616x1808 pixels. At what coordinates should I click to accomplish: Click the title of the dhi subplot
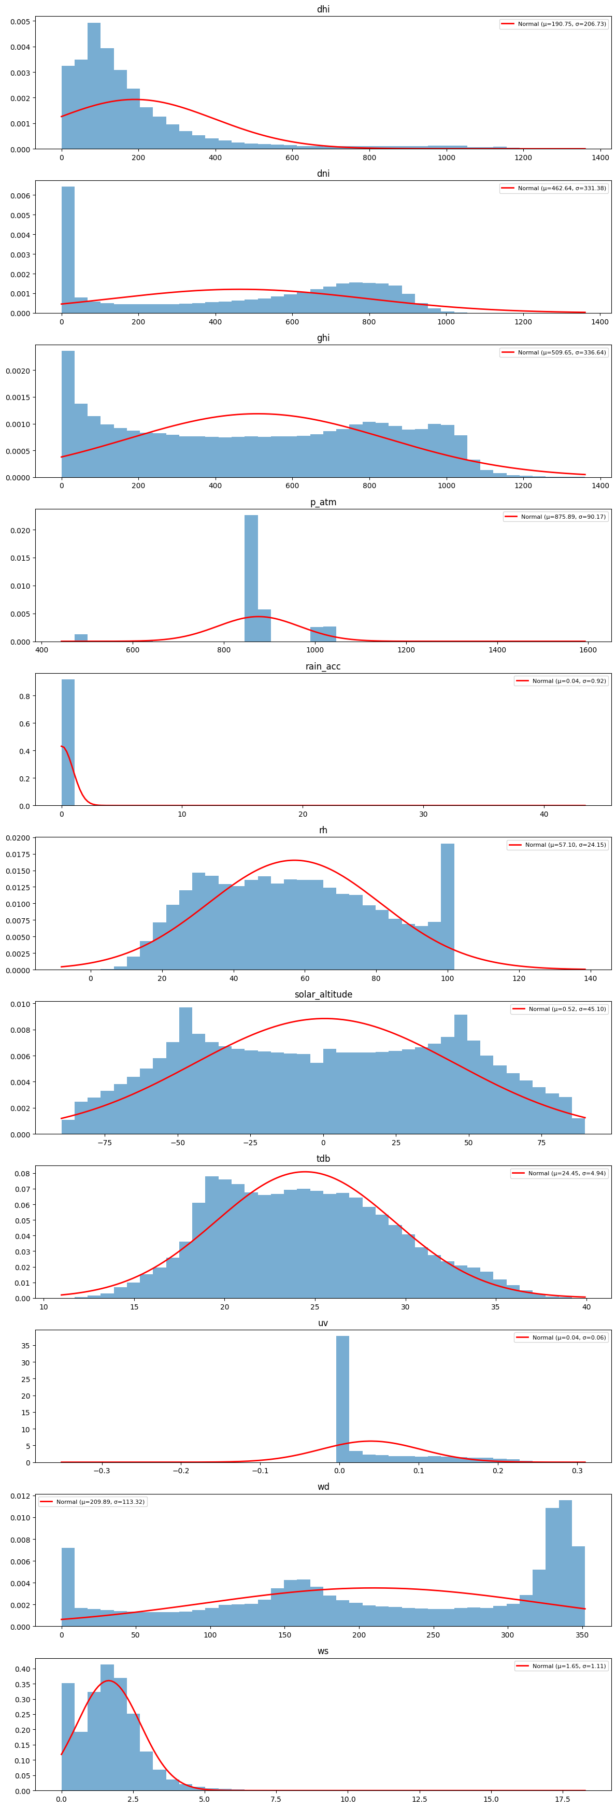(x=323, y=9)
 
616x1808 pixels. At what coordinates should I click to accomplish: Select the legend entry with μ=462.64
(x=553, y=188)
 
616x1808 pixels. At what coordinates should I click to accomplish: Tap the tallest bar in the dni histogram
(x=68, y=250)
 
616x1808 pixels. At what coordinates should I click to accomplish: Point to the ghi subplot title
(x=323, y=337)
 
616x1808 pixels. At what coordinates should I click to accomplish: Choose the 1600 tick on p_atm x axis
(x=588, y=650)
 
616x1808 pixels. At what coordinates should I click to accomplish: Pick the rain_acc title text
(x=323, y=666)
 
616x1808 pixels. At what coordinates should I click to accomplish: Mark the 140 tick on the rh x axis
(x=590, y=978)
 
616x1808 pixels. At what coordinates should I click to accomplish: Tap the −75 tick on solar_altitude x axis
(x=105, y=1143)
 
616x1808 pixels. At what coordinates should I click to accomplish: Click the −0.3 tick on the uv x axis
(x=102, y=1471)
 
